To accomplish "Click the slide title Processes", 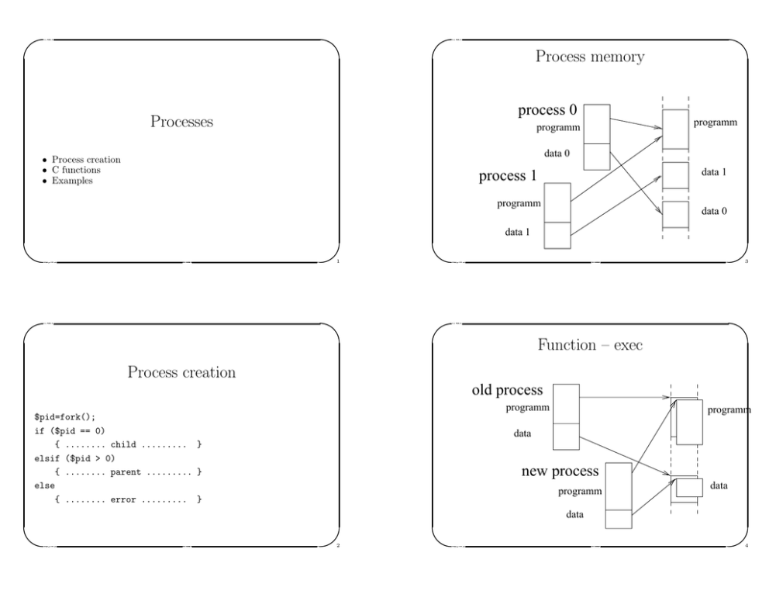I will click(x=181, y=122).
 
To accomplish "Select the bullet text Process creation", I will click(x=86, y=160).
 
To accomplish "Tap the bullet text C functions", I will click(x=76, y=170).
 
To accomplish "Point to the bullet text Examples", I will click(x=72, y=180).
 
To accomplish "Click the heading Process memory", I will click(x=590, y=57).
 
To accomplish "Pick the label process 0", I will click(x=547, y=111).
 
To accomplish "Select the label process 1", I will click(x=508, y=176).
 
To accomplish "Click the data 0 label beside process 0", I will click(x=557, y=154).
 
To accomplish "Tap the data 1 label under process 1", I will click(x=517, y=231).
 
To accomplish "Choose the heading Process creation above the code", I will click(x=181, y=373).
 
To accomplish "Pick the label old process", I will click(x=507, y=390).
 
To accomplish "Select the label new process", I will click(x=560, y=471).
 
